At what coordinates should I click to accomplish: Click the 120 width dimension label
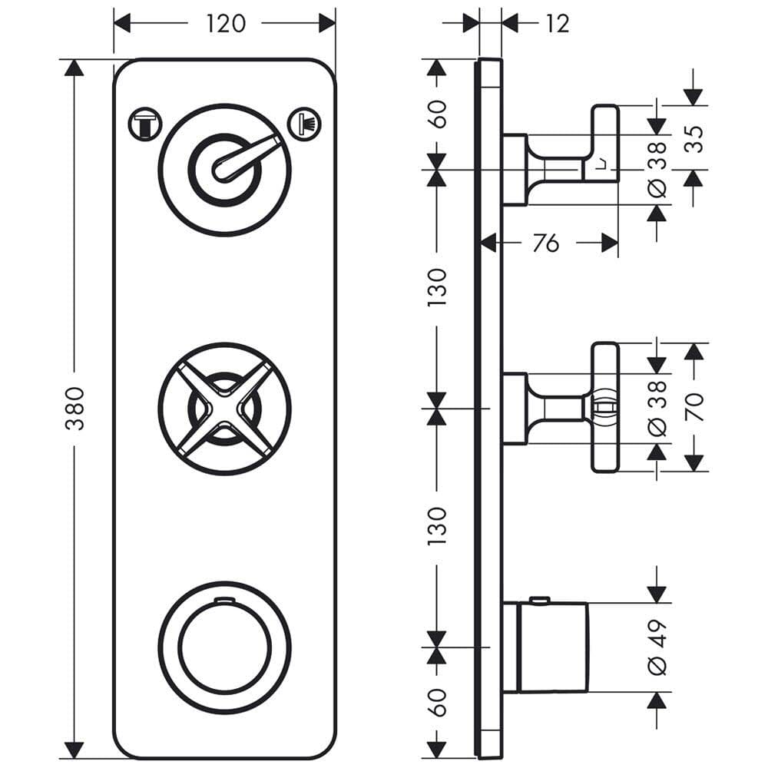(224, 23)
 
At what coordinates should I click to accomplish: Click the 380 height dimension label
(74, 408)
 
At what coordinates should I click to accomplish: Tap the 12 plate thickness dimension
(557, 24)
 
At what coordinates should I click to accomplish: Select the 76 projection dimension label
(545, 244)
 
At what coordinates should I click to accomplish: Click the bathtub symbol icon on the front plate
(145, 123)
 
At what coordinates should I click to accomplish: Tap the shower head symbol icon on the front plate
(304, 123)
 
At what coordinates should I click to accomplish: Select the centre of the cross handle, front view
(224, 408)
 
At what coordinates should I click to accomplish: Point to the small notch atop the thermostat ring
(224, 598)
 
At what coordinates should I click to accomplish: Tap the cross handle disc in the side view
(605, 406)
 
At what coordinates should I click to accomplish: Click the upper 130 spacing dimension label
(437, 286)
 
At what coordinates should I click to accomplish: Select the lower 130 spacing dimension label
(437, 525)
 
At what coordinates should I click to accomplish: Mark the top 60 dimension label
(437, 114)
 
